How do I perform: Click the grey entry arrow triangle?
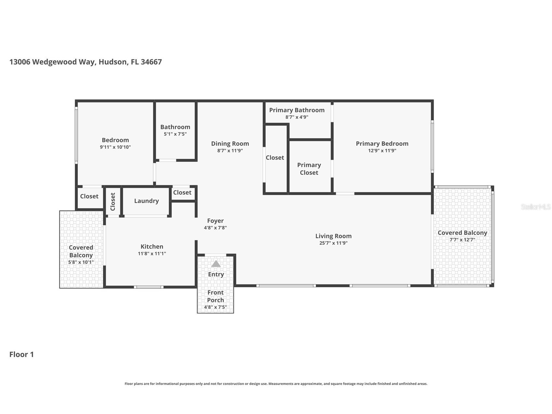216,264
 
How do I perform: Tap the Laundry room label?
146,201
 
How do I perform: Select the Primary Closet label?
309,169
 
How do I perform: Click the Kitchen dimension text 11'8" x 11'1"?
152,254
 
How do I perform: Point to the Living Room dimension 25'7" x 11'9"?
333,243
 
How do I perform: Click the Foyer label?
215,221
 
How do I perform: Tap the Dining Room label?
230,144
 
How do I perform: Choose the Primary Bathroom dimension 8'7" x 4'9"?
297,117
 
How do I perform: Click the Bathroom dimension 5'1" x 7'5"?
175,134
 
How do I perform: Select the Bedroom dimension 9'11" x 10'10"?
115,147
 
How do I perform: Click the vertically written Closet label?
113,201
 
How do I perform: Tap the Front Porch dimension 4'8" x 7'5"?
215,307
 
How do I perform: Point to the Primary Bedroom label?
382,144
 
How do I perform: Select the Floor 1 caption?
21,354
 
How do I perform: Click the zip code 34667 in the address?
151,62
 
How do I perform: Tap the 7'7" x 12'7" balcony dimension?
462,240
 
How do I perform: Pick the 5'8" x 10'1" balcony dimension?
81,262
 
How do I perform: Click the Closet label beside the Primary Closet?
275,158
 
